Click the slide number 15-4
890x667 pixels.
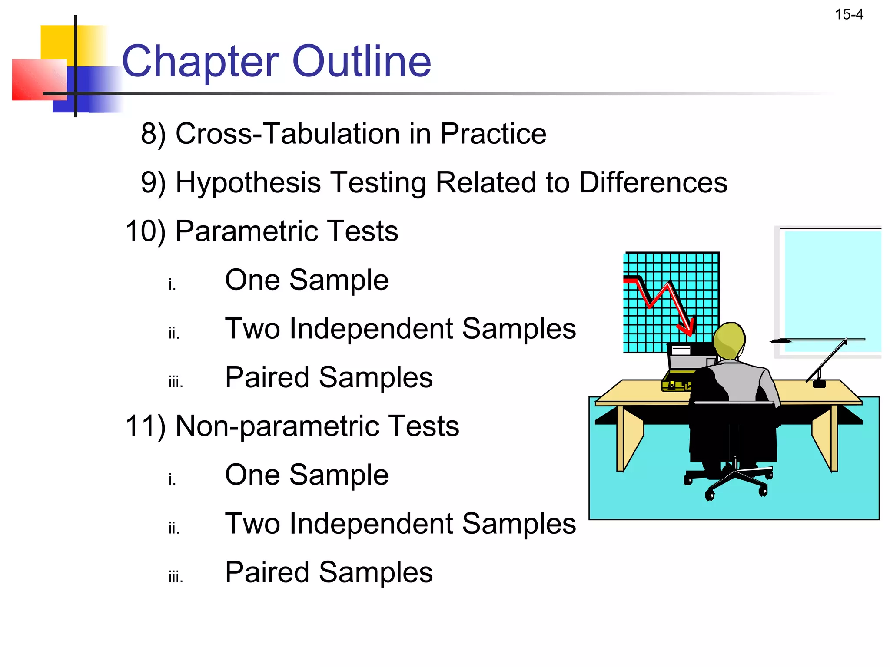point(849,15)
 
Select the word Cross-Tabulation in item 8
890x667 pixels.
point(288,133)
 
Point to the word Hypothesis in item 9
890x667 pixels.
point(248,182)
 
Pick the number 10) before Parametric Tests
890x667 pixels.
point(146,231)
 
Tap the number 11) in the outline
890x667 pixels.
point(146,426)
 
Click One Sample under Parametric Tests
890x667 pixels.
point(306,280)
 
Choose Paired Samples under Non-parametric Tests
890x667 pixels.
point(329,572)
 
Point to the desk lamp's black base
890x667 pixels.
point(819,383)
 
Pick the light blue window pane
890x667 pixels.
point(832,291)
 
